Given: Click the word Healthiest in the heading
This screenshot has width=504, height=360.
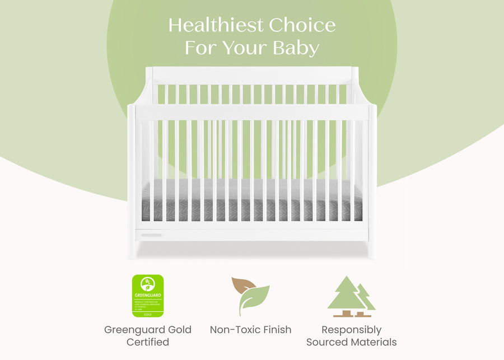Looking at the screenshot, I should click(216, 26).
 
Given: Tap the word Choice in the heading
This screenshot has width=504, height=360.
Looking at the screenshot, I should click(302, 26).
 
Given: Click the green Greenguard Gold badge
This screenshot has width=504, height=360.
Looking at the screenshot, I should click(148, 296).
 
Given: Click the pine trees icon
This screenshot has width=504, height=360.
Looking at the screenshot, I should click(351, 296).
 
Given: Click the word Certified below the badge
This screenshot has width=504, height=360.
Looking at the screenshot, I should click(148, 342).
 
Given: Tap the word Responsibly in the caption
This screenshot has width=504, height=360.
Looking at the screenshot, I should click(351, 330).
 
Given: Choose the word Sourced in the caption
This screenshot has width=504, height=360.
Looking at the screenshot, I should click(326, 342).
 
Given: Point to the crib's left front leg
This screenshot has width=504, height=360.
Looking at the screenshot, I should click(132, 249).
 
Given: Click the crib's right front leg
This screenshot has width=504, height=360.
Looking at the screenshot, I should click(371, 249).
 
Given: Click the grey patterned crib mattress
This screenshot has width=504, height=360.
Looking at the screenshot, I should click(252, 202).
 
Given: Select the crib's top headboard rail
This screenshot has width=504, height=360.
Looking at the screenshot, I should click(252, 75).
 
